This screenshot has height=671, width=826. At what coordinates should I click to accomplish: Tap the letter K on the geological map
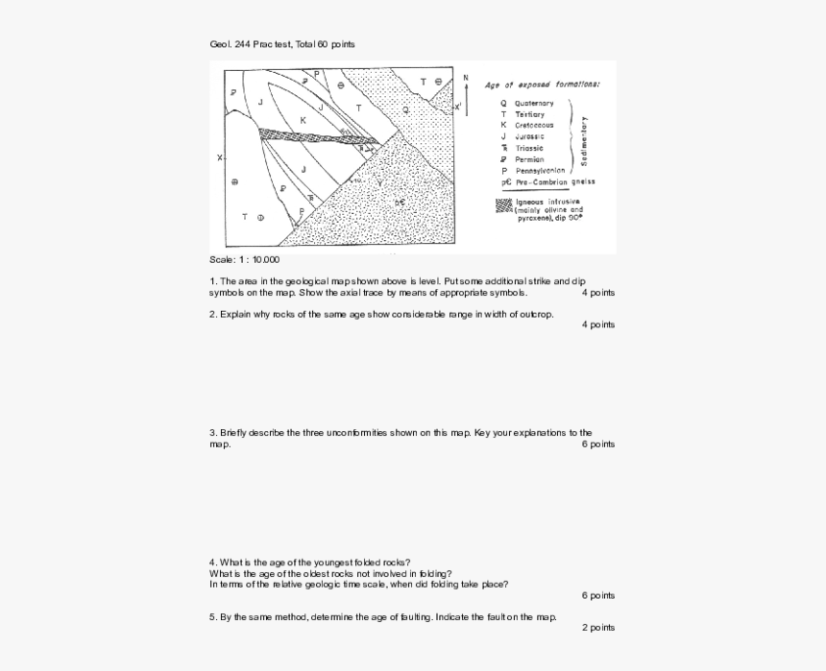pos(303,120)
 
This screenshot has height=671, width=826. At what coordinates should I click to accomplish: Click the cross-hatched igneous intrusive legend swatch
pos(503,204)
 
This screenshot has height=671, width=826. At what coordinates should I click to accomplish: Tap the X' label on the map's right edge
pos(458,106)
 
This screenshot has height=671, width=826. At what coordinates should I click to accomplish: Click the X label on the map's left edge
pos(219,157)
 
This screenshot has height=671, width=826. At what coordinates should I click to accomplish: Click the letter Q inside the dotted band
pos(405,109)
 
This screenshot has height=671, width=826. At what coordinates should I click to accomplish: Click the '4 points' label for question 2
pos(597,324)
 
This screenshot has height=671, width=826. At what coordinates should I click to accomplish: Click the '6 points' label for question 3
pos(597,444)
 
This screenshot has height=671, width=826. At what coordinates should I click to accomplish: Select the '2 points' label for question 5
pos(597,628)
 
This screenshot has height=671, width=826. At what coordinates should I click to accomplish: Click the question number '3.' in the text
pos(213,433)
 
